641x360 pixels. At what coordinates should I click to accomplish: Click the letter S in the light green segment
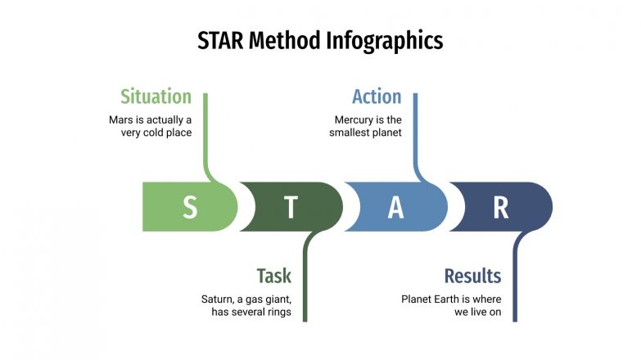click(x=189, y=208)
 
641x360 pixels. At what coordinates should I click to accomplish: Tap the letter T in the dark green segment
click(x=291, y=208)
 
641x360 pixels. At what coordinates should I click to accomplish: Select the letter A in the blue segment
click(x=395, y=208)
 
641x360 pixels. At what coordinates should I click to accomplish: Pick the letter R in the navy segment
click(x=500, y=208)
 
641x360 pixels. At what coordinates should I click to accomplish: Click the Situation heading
click(x=156, y=97)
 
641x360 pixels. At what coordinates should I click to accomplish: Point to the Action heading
click(x=377, y=97)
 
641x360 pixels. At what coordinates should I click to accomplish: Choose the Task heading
click(x=273, y=276)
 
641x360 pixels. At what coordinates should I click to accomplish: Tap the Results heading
click(x=472, y=276)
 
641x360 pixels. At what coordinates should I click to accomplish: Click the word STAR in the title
click(x=221, y=41)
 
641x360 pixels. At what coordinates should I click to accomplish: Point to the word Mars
click(x=122, y=119)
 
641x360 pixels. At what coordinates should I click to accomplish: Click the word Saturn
click(x=219, y=299)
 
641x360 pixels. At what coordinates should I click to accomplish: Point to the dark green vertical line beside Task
click(x=305, y=278)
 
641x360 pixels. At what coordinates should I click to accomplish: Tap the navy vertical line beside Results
click(x=516, y=278)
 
